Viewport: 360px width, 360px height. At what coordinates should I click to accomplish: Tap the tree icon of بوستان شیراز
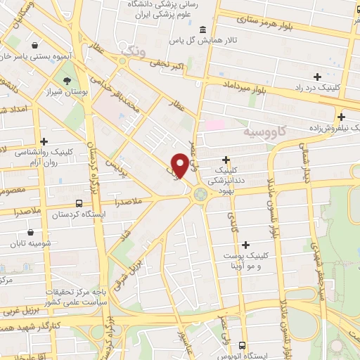pyautogui.click(x=67, y=82)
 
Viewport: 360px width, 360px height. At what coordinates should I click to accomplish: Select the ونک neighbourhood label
pyautogui.click(x=131, y=50)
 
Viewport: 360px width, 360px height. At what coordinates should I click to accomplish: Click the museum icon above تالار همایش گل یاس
pyautogui.click(x=203, y=29)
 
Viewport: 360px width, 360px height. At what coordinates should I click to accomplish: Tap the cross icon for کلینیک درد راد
pyautogui.click(x=318, y=76)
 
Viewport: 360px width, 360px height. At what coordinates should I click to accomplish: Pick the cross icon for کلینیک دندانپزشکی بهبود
pyautogui.click(x=226, y=160)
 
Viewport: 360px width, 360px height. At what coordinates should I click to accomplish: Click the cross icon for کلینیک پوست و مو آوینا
pyautogui.click(x=245, y=245)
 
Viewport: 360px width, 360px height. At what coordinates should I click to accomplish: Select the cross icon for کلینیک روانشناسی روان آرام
pyautogui.click(x=44, y=141)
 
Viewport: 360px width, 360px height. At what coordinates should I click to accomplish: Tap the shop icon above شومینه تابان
pyautogui.click(x=30, y=232)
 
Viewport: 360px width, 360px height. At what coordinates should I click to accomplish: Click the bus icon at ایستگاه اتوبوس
pyautogui.click(x=242, y=345)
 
